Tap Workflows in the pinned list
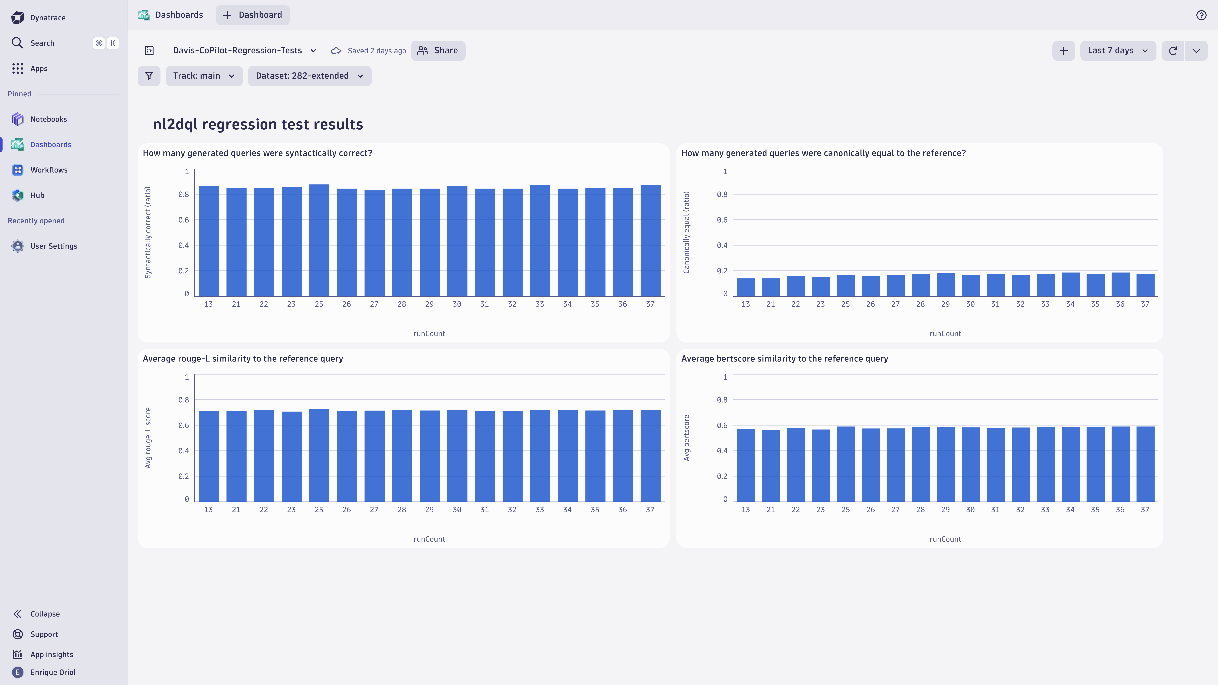pyautogui.click(x=49, y=170)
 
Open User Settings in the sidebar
pyautogui.click(x=53, y=246)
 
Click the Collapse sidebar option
pyautogui.click(x=45, y=614)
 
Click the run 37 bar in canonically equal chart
pyautogui.click(x=1145, y=285)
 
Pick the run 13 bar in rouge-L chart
pyautogui.click(x=209, y=456)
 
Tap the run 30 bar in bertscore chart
pyautogui.click(x=970, y=464)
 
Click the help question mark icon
pyautogui.click(x=1201, y=15)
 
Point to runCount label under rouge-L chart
pyautogui.click(x=429, y=539)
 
